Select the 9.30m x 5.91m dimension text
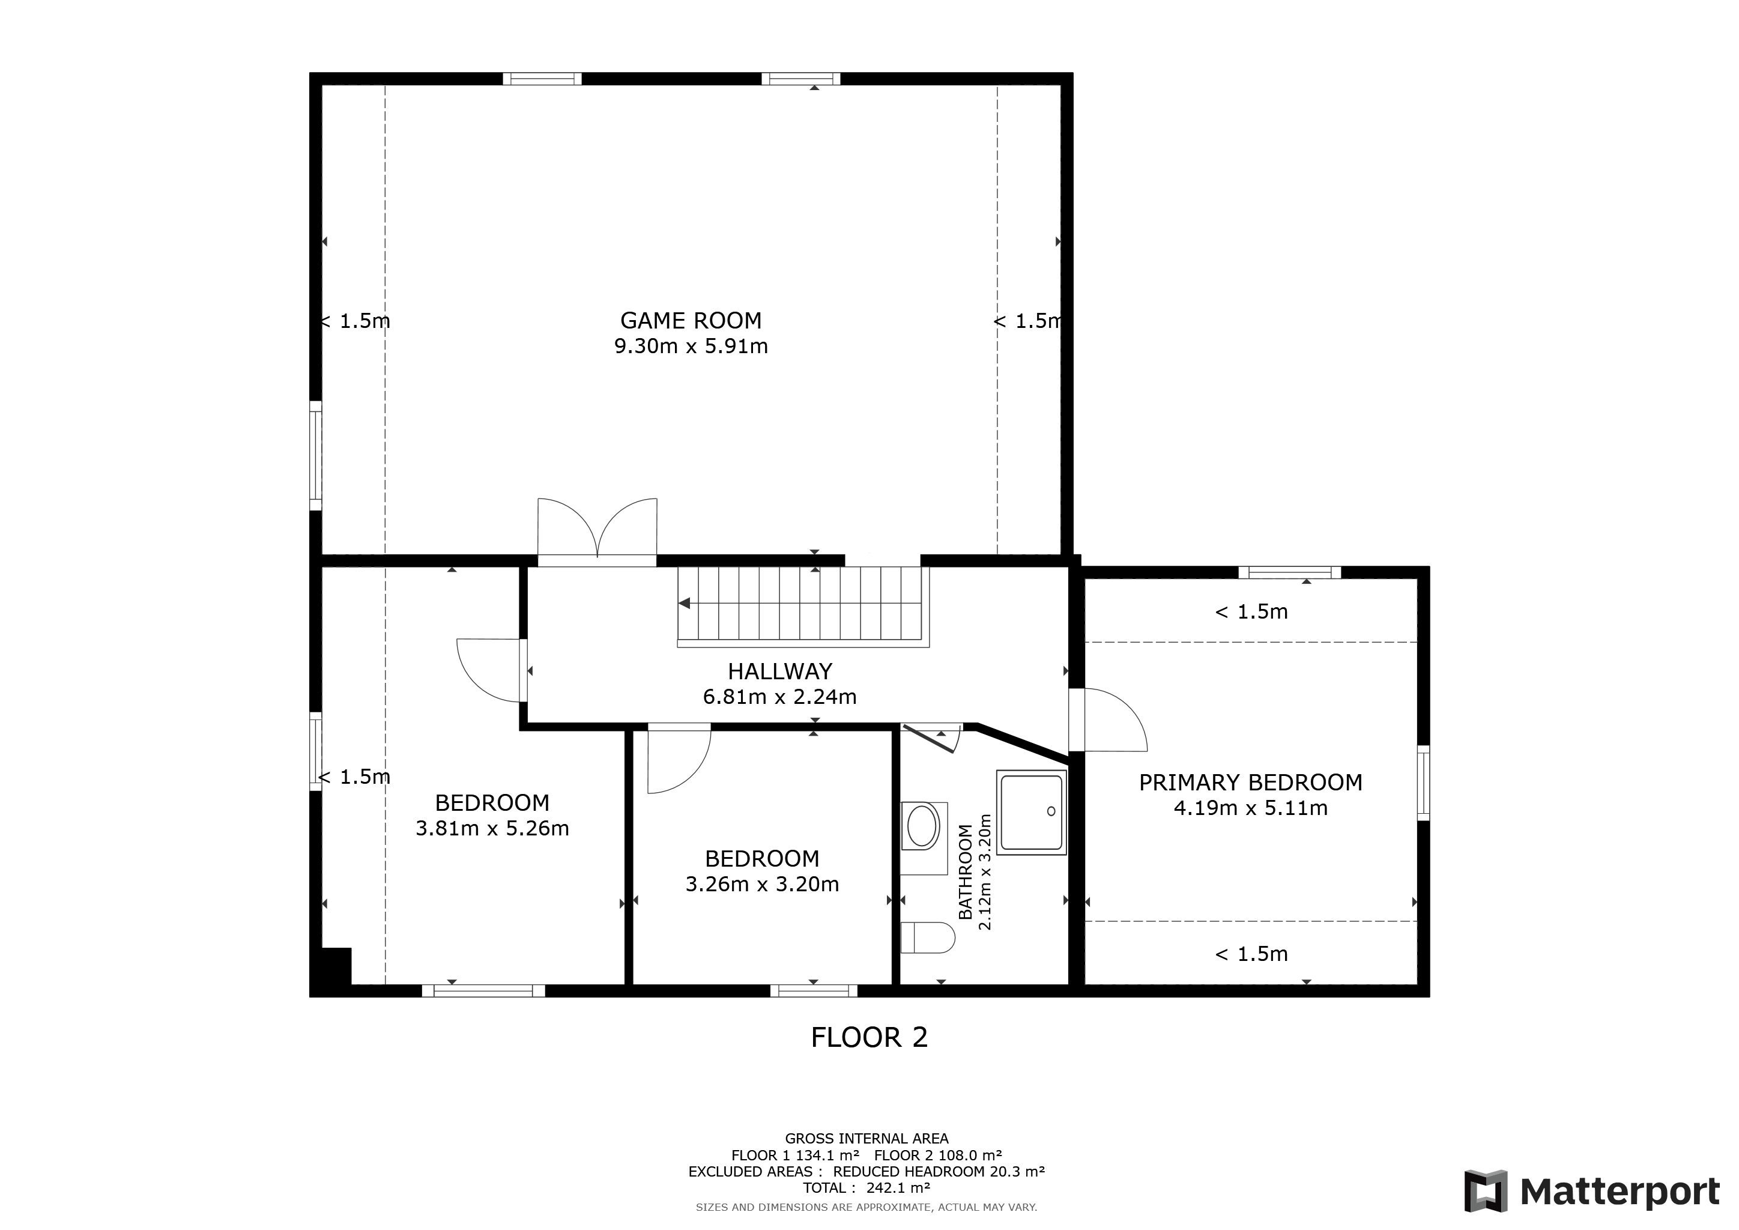(x=690, y=347)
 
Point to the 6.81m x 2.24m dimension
(x=779, y=697)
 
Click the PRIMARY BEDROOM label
(x=1250, y=783)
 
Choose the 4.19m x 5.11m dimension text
(x=1250, y=808)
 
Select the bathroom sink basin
(x=922, y=826)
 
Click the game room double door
(x=597, y=530)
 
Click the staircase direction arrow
(x=685, y=603)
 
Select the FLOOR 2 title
(x=869, y=1038)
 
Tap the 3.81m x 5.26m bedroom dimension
(x=492, y=829)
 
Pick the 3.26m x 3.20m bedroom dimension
(x=762, y=885)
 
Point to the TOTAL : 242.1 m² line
(x=866, y=1187)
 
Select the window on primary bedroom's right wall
(x=1423, y=783)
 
